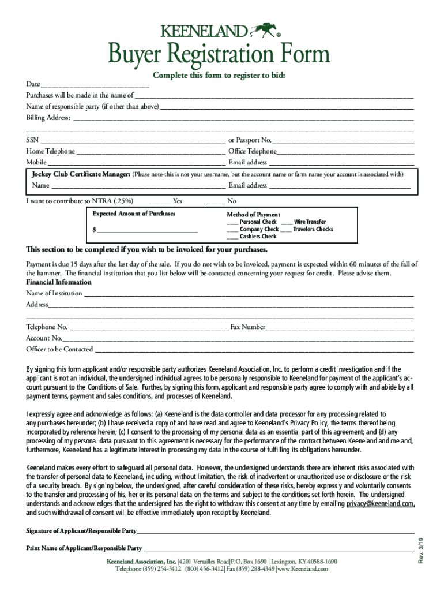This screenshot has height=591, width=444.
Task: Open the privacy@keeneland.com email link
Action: click(x=380, y=504)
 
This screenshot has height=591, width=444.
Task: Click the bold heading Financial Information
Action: click(x=59, y=282)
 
